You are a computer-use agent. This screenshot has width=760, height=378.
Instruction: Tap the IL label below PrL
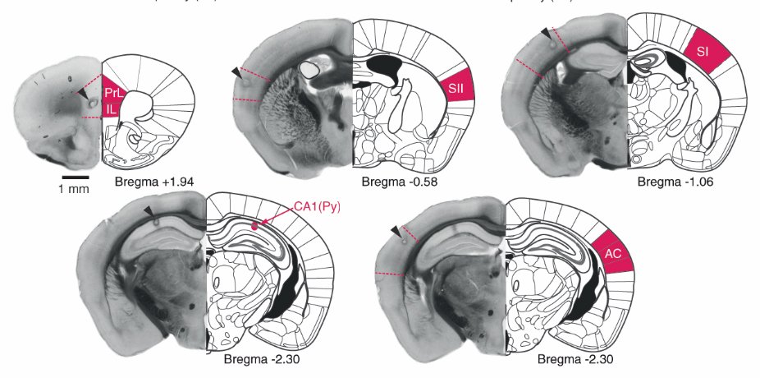coord(110,106)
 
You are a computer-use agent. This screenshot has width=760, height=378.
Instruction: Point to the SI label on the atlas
coord(703,51)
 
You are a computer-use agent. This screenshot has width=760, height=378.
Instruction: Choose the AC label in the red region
coord(611,254)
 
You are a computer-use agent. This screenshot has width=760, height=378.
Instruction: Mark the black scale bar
coord(75,175)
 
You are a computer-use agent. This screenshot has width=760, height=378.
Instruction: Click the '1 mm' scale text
coord(75,189)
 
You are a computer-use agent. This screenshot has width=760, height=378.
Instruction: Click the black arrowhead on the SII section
coord(236,73)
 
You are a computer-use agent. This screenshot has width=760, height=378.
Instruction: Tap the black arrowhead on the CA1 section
coord(148,213)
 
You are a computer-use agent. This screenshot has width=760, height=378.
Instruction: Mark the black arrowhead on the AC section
coord(397,231)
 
